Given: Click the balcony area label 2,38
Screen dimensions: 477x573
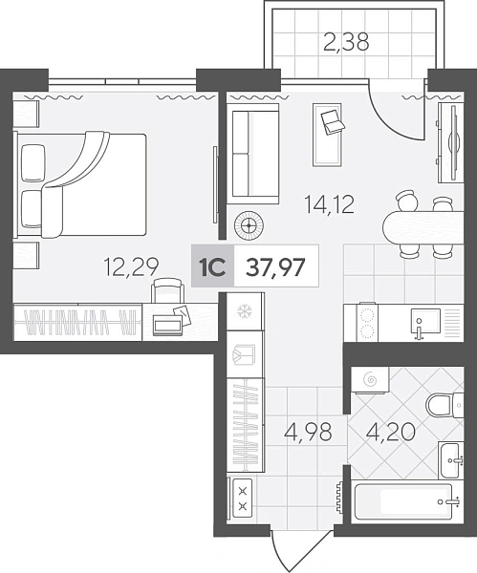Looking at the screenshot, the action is (x=346, y=42).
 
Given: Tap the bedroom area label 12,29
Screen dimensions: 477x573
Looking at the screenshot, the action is (x=131, y=266).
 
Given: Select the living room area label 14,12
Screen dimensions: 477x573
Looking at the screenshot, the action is (x=330, y=205).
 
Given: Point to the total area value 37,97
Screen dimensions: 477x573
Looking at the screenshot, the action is (x=275, y=267).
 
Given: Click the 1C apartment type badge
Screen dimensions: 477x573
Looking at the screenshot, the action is (x=212, y=266).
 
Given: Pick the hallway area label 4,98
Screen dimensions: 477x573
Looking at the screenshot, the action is (x=309, y=432).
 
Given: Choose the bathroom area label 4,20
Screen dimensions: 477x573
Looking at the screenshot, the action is (x=390, y=432).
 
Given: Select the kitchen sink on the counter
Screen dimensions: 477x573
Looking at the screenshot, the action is (x=424, y=321).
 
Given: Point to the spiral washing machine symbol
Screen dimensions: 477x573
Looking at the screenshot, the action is (x=370, y=380).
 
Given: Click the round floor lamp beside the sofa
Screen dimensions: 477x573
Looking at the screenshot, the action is (x=249, y=225).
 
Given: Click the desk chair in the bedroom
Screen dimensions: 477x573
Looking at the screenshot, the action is (x=168, y=290).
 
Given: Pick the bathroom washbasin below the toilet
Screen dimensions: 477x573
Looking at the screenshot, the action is (x=452, y=459).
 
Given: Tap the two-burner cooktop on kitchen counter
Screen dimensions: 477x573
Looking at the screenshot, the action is (x=367, y=323).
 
